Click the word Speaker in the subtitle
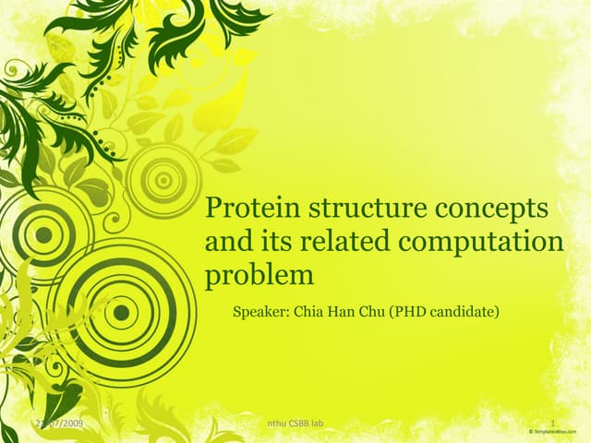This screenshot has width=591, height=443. tap(261, 313)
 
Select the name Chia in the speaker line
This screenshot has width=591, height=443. tap(308, 312)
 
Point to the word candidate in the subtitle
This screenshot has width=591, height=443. tap(464, 312)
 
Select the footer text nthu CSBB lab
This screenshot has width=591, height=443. tap(293, 424)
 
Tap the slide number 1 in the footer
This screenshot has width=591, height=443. tap(551, 424)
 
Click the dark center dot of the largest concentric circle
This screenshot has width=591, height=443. tap(121, 312)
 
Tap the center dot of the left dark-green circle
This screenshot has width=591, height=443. tap(42, 234)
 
